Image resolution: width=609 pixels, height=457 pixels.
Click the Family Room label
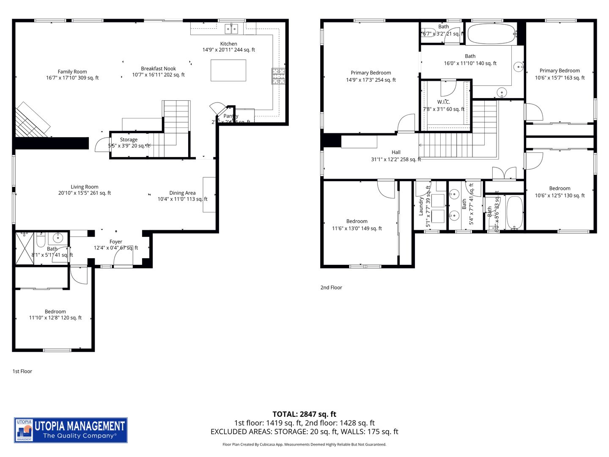[x=72, y=72]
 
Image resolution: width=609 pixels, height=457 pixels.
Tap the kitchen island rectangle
[x=228, y=70]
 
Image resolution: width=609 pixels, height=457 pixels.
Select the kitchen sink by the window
[x=231, y=29]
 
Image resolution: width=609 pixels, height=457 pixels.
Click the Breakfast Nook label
[x=158, y=69]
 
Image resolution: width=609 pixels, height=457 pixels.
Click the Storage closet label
[x=129, y=140]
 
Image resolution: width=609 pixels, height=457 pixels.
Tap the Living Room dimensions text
[x=85, y=193]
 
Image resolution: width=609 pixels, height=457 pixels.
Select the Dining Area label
[x=182, y=193]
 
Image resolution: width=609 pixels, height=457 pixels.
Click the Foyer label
[x=116, y=242]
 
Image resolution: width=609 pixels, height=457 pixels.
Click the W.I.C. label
[x=444, y=102]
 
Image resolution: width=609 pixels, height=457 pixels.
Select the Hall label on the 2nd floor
[x=396, y=152]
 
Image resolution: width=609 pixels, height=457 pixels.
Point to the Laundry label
[x=421, y=206]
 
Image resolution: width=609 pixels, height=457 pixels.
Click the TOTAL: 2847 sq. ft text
[x=304, y=414]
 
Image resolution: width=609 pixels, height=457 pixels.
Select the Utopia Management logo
[x=71, y=430]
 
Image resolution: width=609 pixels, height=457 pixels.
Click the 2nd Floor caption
[x=331, y=288]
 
